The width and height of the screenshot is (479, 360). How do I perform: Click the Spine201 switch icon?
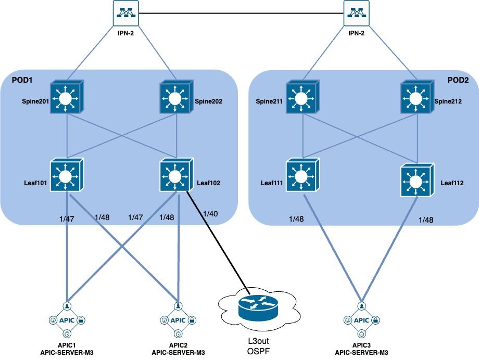[x=66, y=98]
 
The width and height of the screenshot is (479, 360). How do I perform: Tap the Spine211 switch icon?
[x=300, y=98]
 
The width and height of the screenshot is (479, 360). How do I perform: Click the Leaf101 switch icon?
[x=67, y=176]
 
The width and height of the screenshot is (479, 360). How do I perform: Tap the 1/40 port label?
[x=211, y=214]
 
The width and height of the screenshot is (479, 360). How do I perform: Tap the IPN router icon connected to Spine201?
[x=124, y=12]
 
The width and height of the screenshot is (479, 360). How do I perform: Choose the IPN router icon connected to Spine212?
[x=357, y=12]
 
